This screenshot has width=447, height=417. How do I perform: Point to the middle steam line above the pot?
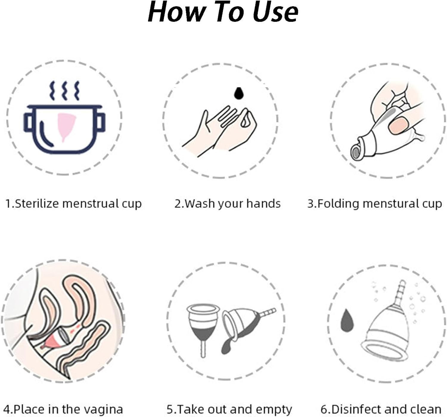tap(65, 91)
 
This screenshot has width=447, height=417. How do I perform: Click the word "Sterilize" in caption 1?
tap(37, 203)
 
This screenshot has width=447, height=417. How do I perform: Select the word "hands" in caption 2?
tap(263, 203)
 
